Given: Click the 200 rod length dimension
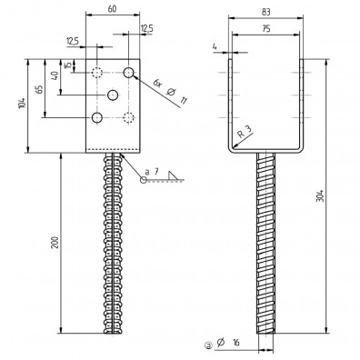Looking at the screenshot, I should click(x=55, y=245).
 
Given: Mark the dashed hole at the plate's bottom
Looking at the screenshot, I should click(x=129, y=117).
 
